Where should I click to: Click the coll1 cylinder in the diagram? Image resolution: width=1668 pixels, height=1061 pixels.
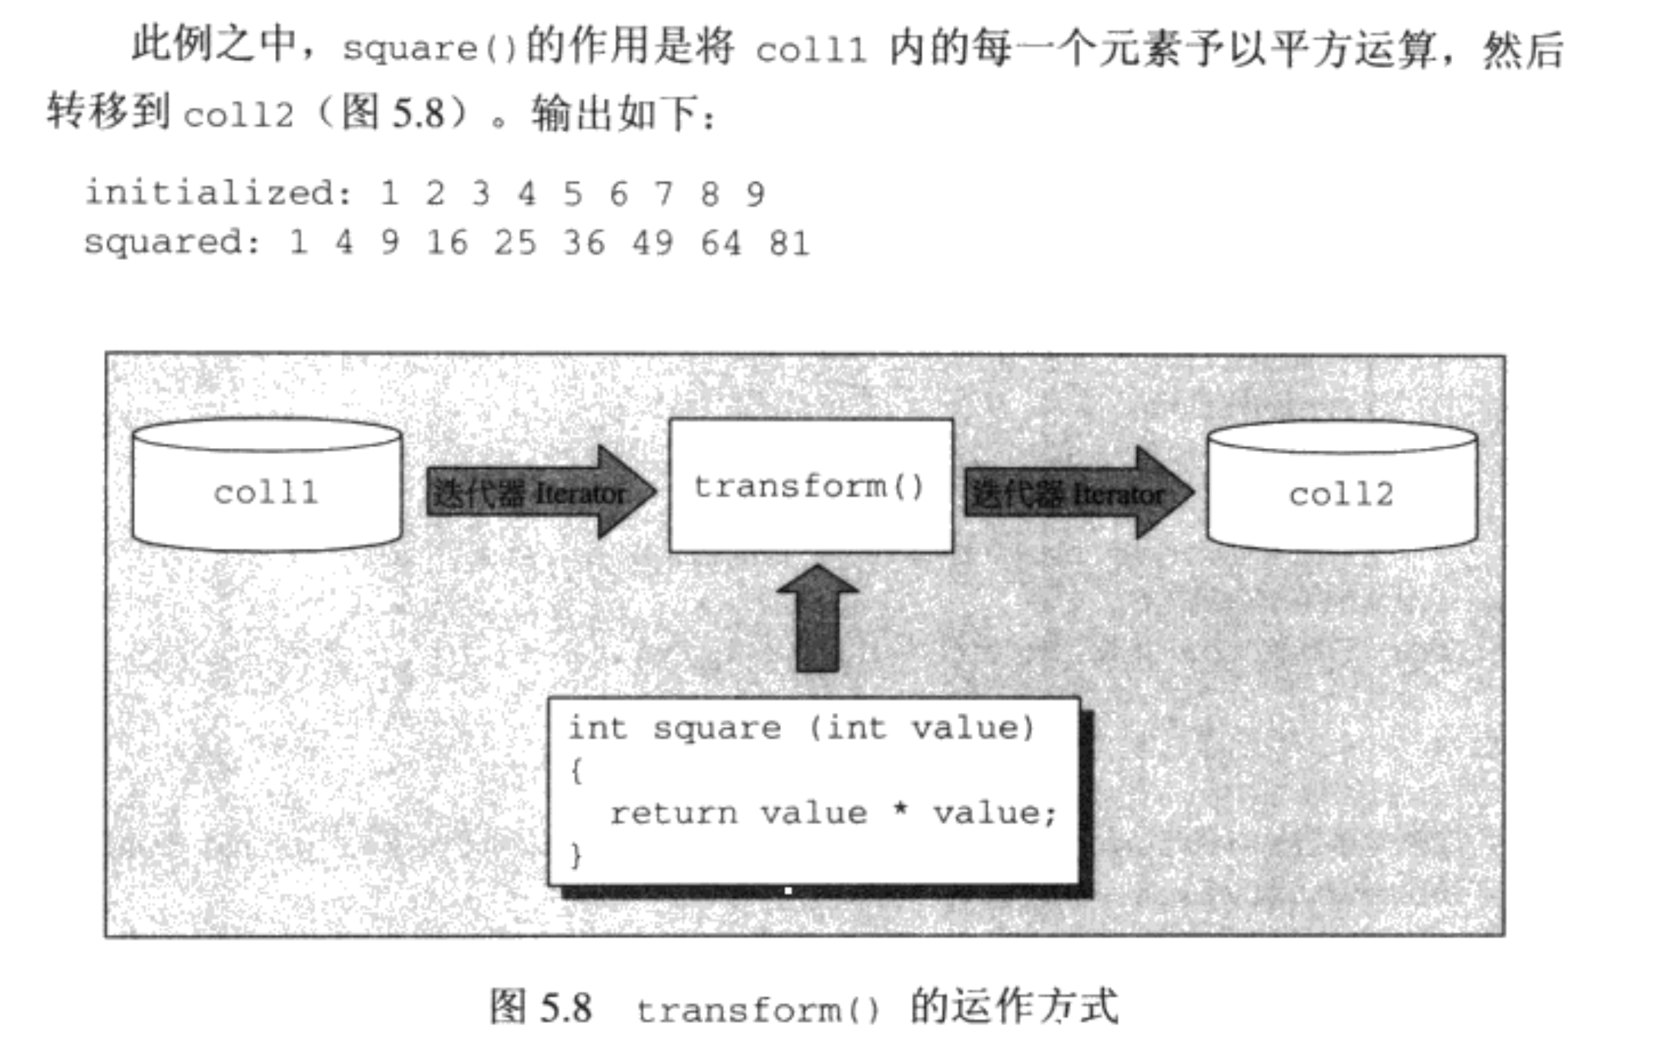(x=267, y=492)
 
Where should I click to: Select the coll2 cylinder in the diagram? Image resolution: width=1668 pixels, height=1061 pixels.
(x=1341, y=493)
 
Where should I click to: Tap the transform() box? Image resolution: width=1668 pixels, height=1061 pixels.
(x=811, y=486)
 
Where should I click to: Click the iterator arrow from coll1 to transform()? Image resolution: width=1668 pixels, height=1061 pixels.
(x=540, y=493)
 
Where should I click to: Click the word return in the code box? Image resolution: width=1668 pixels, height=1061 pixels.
(x=673, y=813)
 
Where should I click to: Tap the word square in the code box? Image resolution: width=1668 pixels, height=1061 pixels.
(x=717, y=729)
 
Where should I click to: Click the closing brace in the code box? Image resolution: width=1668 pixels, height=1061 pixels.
(x=575, y=855)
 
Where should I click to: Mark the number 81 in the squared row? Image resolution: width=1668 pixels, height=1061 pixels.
(x=789, y=244)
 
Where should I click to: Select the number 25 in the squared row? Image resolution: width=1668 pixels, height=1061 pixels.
(x=515, y=244)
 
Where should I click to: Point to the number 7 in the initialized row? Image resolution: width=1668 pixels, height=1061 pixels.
(x=663, y=193)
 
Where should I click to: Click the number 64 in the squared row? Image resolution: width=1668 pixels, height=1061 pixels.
(x=721, y=244)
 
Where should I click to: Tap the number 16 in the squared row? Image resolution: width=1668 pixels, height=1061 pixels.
(x=447, y=244)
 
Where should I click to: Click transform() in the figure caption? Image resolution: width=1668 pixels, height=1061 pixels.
(x=758, y=1010)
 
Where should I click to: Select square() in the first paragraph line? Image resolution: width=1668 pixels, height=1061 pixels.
(x=430, y=50)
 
